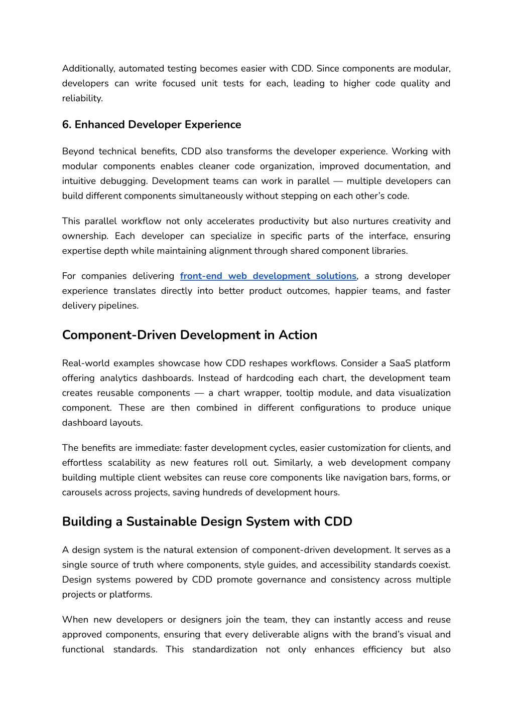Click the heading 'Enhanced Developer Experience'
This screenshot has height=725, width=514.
click(x=158, y=125)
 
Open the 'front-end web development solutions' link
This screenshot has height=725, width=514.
click(x=268, y=276)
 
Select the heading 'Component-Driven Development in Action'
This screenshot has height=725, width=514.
click(x=189, y=335)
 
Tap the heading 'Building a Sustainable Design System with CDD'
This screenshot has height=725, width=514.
click(x=207, y=522)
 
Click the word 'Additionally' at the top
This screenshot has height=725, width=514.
click(x=88, y=69)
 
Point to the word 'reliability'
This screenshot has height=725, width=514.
click(x=82, y=98)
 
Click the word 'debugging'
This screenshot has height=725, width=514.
click(x=125, y=181)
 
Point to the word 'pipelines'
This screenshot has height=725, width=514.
click(x=120, y=306)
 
